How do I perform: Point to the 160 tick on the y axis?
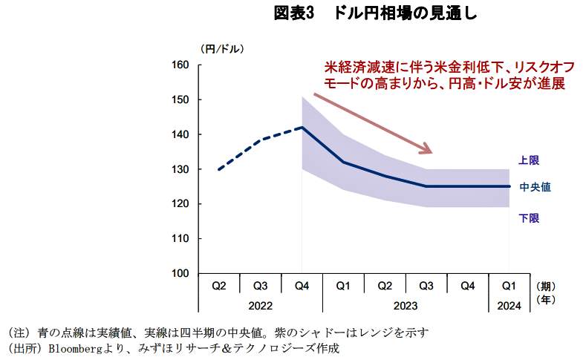pos(182,65)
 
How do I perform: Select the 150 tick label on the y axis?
pos(182,100)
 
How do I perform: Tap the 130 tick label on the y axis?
pos(182,169)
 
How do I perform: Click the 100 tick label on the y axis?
pos(182,274)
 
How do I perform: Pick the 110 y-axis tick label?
pos(182,239)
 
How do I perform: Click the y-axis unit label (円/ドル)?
pos(221,48)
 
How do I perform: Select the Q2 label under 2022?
pos(219,286)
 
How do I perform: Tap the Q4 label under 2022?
pos(302,286)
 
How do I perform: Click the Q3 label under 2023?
pos(426,286)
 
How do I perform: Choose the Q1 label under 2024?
pos(510,286)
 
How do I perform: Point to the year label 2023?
pos(406,304)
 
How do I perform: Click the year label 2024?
pos(510,304)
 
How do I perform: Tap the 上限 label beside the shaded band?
pos(528,160)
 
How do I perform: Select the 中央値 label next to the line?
pos(534,187)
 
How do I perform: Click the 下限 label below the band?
pos(528,217)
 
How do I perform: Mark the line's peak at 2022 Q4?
pos(302,127)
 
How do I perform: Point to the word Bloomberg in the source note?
pos(73,347)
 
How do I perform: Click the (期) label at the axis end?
pos(545,286)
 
